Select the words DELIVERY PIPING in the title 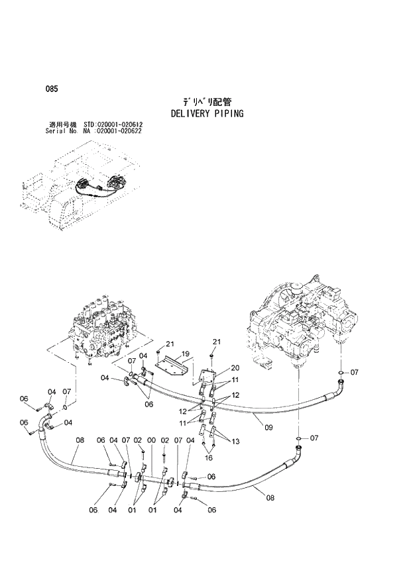point(207,113)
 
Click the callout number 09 point(269,428)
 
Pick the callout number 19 point(186,354)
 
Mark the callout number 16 point(208,458)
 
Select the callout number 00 point(151,440)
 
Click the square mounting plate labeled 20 point(207,382)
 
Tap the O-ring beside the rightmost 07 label point(340,373)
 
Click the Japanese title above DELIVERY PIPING point(207,102)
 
